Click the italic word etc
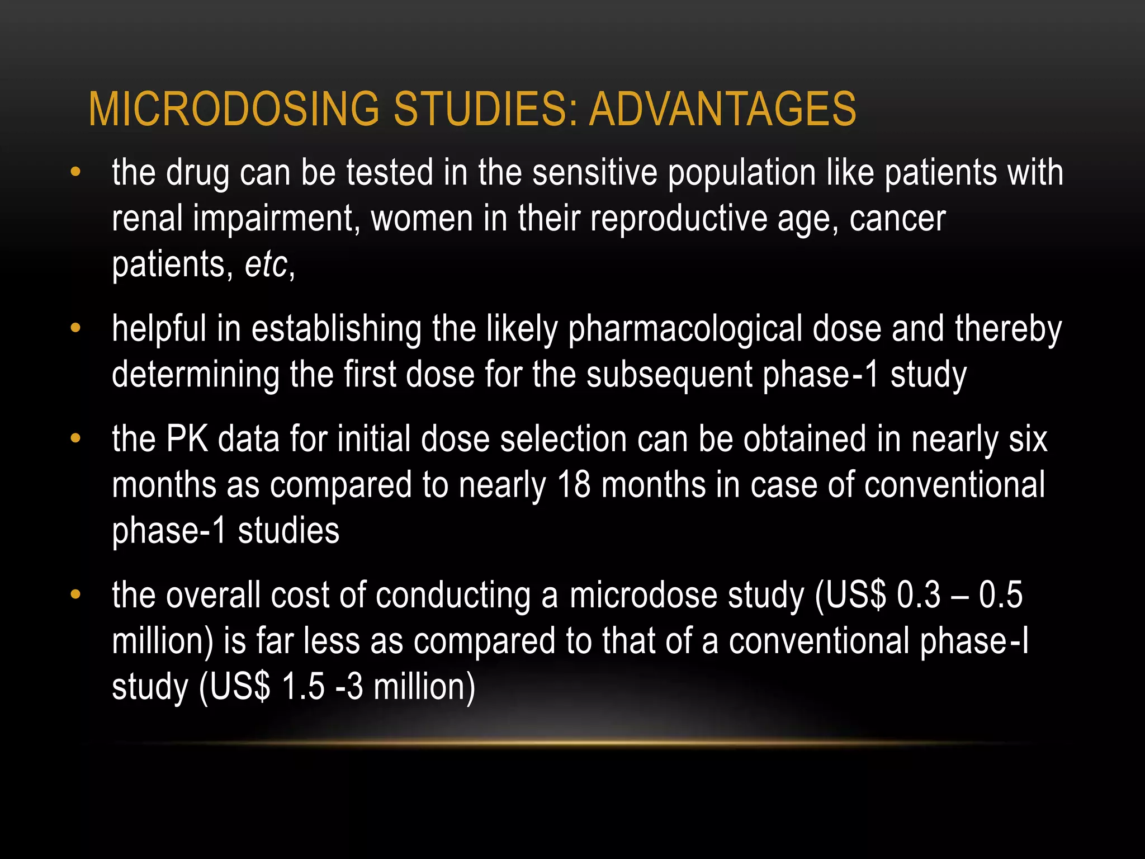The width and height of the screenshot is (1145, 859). (266, 264)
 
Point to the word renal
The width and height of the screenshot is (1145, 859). (147, 218)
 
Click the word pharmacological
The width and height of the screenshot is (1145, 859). (685, 329)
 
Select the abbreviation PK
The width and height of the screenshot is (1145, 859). (187, 438)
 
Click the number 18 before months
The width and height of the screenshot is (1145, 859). (574, 484)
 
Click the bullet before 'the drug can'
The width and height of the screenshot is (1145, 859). (75, 172)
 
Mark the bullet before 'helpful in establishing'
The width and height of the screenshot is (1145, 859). (75, 329)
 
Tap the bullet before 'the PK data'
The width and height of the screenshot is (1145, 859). (75, 438)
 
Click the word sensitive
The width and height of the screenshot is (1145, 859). (594, 172)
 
